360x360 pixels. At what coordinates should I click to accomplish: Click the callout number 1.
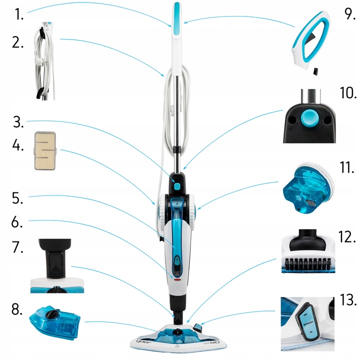19,14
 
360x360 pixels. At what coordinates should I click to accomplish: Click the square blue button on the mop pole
177,186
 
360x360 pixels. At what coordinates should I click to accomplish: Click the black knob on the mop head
177,331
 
